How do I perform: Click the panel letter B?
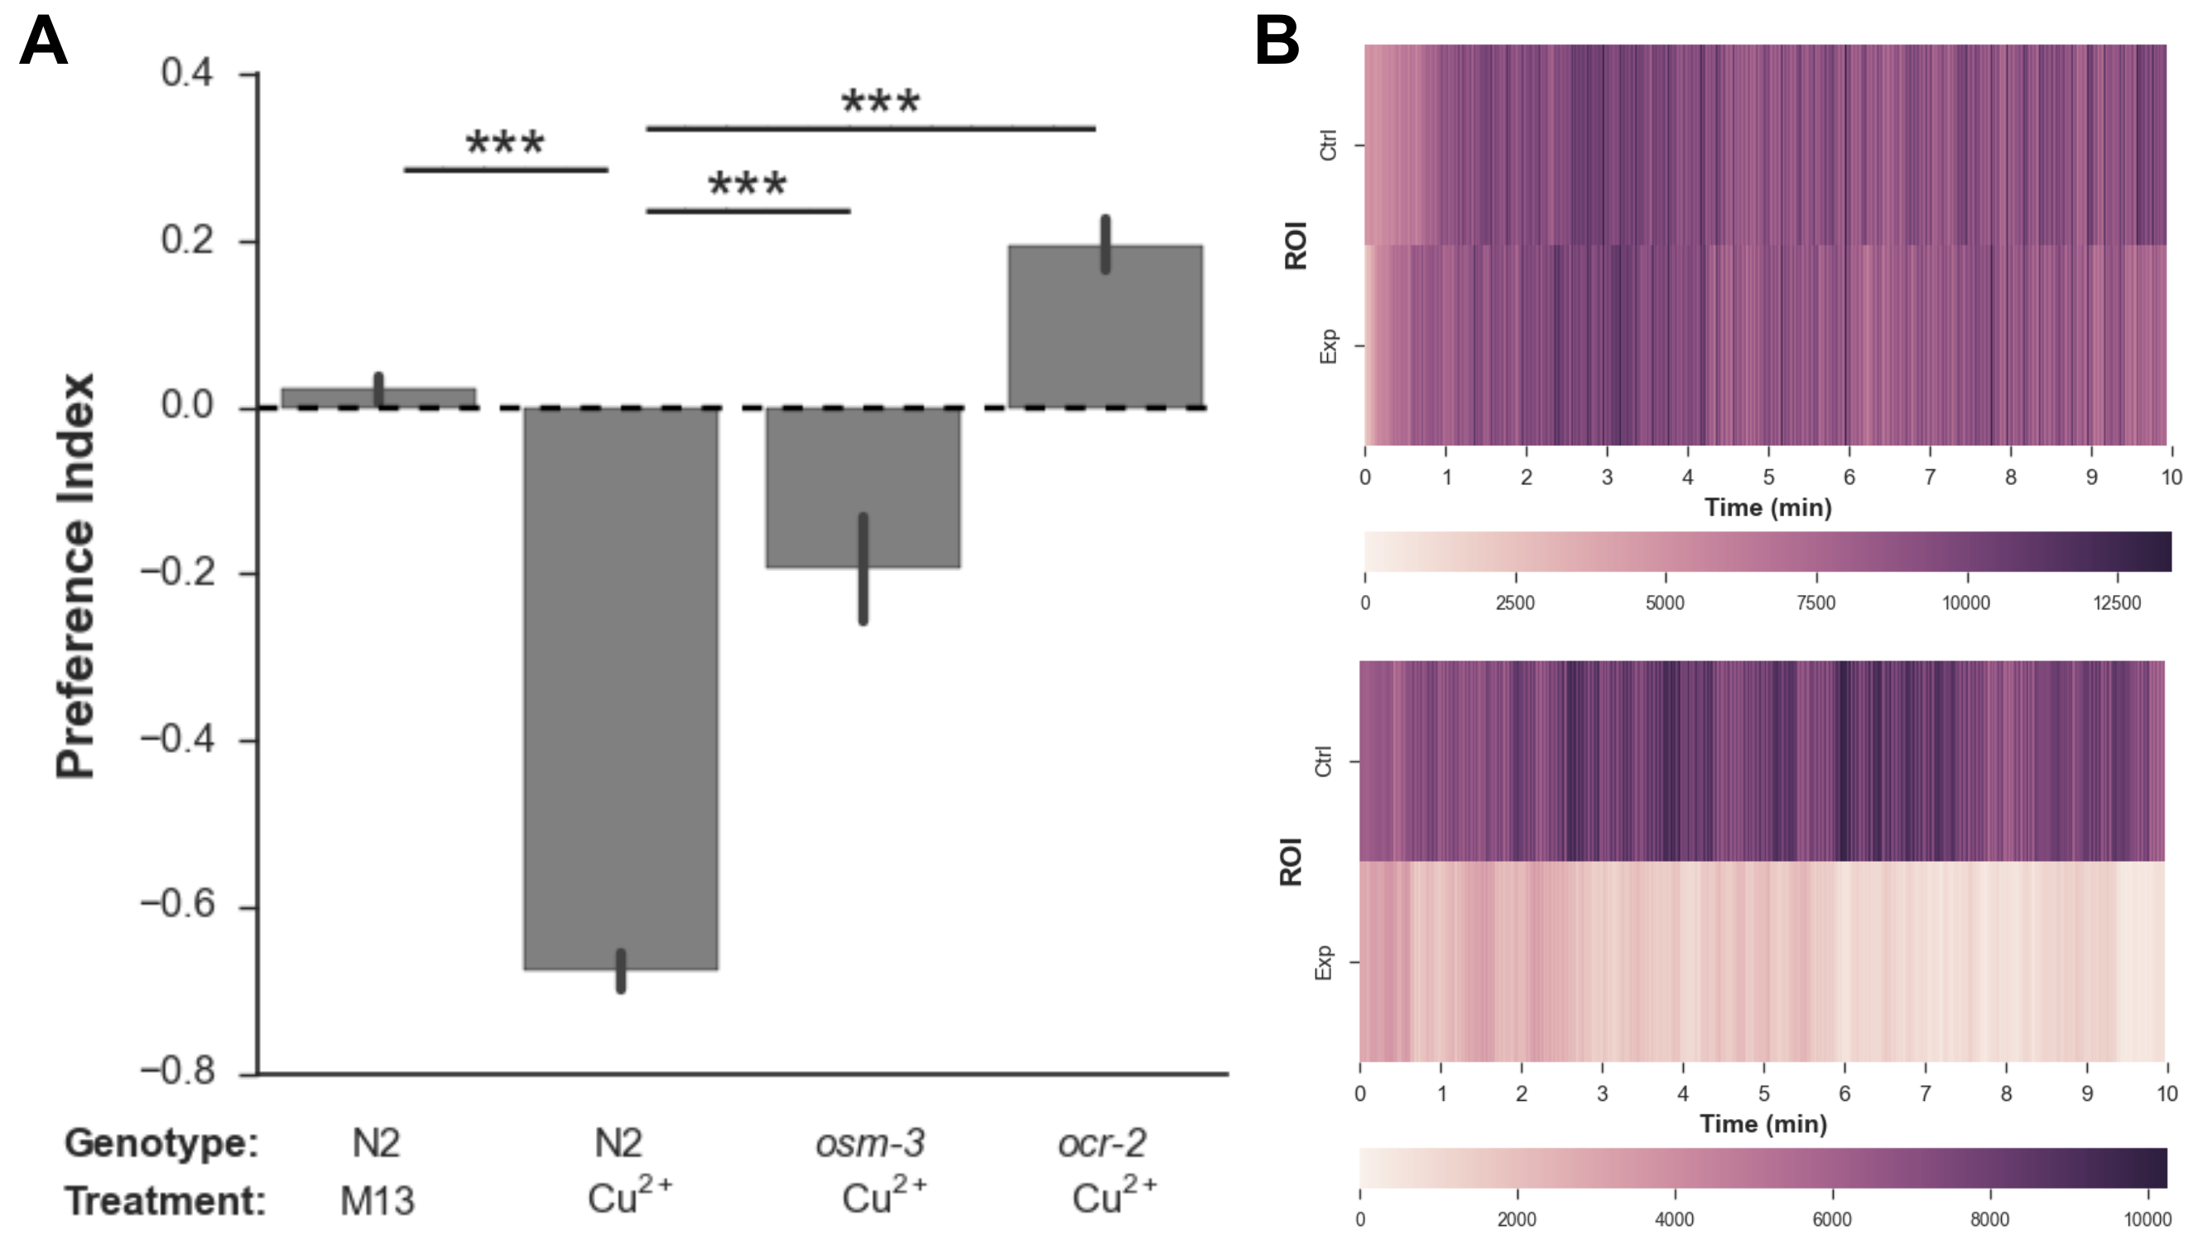[1277, 41]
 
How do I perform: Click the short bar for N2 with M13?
[378, 398]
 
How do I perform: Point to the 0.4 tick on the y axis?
[187, 74]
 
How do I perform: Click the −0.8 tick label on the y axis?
[176, 1072]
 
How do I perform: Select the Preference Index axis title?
[76, 575]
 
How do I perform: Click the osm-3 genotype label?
[870, 1143]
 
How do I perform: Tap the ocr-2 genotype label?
[1103, 1143]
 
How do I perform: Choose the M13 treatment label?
[377, 1201]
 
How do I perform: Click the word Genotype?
[161, 1143]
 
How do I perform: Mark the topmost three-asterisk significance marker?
[880, 102]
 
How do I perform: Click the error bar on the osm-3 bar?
[863, 568]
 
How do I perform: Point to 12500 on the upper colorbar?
[2117, 603]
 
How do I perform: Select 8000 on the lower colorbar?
[1989, 1219]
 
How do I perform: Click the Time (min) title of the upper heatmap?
[1768, 507]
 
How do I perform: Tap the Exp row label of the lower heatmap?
[1323, 962]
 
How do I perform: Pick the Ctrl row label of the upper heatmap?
[1328, 146]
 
